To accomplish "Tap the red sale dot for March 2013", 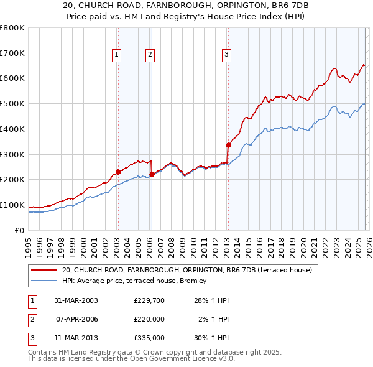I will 228,146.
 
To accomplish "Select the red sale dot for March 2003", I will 118,172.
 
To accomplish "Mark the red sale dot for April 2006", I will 152,175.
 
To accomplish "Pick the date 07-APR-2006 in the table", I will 77,319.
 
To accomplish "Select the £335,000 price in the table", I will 149,338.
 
